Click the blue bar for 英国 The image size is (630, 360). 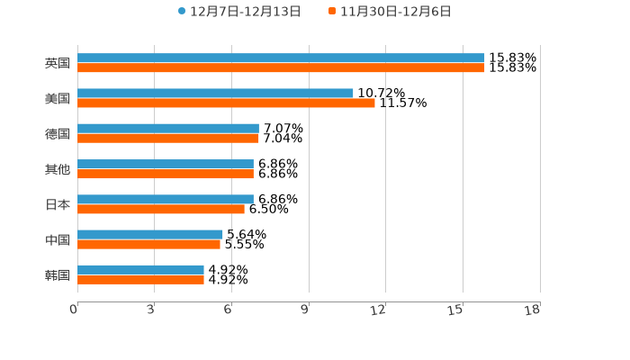pos(281,58)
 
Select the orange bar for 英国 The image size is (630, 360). pos(281,68)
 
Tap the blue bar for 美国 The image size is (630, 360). pos(215,94)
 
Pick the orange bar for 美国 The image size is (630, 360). pos(226,103)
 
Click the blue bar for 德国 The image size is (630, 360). pos(168,129)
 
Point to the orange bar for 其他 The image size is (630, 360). pos(166,174)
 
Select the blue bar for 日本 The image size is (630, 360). pos(166,199)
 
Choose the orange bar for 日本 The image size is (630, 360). pos(161,209)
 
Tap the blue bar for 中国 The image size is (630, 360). pos(150,234)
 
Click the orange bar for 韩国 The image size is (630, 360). pos(140,280)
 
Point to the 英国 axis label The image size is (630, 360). pos(58,64)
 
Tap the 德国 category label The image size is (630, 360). pos(58,134)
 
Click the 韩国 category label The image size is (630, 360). pos(58,274)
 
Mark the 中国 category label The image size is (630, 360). pos(58,239)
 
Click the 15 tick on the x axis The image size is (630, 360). pos(455,310)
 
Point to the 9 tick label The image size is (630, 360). pos(305,310)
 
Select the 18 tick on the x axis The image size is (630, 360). pos(533,310)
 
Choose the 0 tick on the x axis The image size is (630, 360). pos(74,310)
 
